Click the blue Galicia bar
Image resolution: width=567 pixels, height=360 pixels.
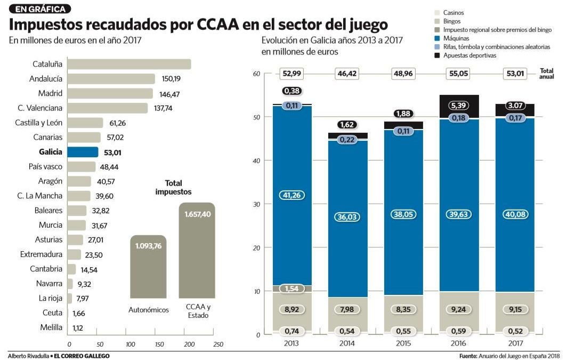pos(83,152)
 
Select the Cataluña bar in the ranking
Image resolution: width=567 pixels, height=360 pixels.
pos(129,64)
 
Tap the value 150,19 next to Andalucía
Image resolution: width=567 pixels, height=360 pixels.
pos(171,79)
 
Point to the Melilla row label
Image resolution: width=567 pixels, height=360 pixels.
pos(51,327)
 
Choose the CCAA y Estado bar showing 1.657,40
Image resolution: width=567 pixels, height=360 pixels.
pos(197,251)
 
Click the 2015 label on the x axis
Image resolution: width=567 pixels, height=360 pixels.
pos(403,343)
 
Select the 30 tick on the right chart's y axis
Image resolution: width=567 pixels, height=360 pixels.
pos(257,204)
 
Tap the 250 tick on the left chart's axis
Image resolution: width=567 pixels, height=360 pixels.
pos(217,345)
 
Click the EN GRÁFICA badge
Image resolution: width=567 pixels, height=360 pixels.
pos(40,9)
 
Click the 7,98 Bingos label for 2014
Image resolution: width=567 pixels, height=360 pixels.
pos(347,309)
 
